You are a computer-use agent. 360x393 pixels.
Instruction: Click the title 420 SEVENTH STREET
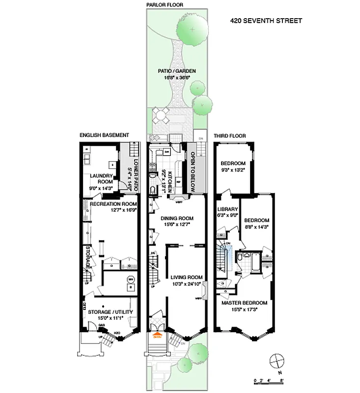click(266, 21)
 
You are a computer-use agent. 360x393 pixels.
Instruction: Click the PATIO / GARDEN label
click(177, 71)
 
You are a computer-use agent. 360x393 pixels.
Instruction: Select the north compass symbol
click(278, 361)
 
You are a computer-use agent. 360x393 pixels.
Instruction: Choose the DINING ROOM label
click(177, 219)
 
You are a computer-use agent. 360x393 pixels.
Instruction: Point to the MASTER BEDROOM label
click(244, 303)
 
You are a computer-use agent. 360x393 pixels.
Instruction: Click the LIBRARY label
click(227, 209)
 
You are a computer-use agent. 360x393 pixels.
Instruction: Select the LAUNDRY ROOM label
click(102, 178)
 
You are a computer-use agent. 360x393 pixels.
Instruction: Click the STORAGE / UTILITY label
click(110, 312)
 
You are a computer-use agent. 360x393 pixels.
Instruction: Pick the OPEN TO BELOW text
click(193, 167)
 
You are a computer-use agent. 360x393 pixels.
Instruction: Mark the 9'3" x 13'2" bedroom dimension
click(233, 170)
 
